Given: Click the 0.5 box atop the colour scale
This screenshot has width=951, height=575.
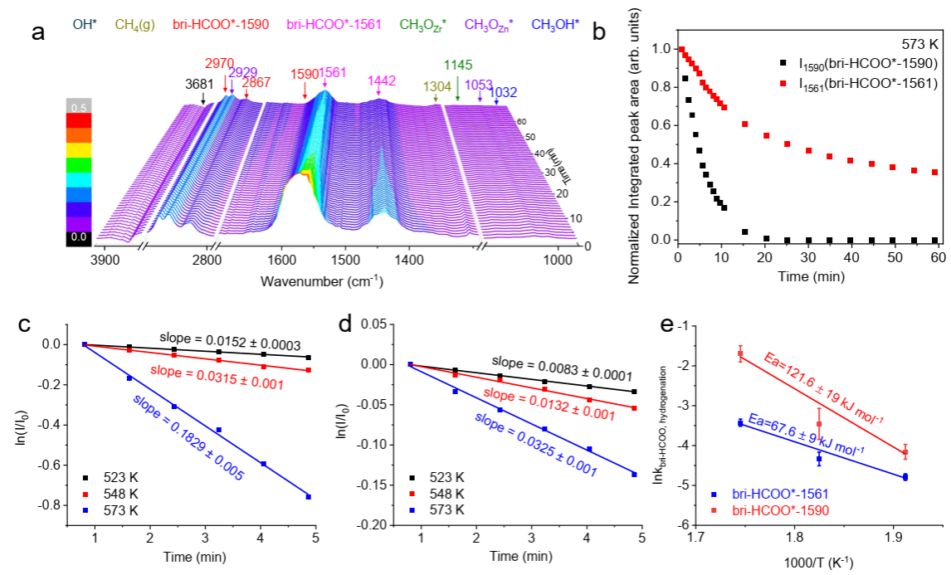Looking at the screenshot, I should tap(78, 106).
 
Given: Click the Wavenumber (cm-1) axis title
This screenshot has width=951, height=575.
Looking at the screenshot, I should tap(321, 280).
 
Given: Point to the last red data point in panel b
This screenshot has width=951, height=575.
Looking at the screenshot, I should tap(935, 173).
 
